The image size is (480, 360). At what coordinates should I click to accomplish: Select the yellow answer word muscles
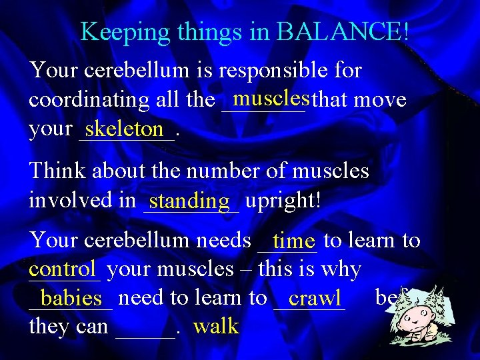coord(271,99)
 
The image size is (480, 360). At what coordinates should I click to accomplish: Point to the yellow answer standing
coord(190,200)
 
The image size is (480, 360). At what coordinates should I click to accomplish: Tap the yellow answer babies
coord(71,298)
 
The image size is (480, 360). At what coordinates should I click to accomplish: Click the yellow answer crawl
coord(315,297)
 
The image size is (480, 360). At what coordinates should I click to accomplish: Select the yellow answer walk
coord(215,327)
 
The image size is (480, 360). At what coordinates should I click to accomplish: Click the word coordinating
coord(89,100)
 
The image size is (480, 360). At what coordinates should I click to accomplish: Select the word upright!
coord(283,200)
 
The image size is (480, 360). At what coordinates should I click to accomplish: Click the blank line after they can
coord(146,329)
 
